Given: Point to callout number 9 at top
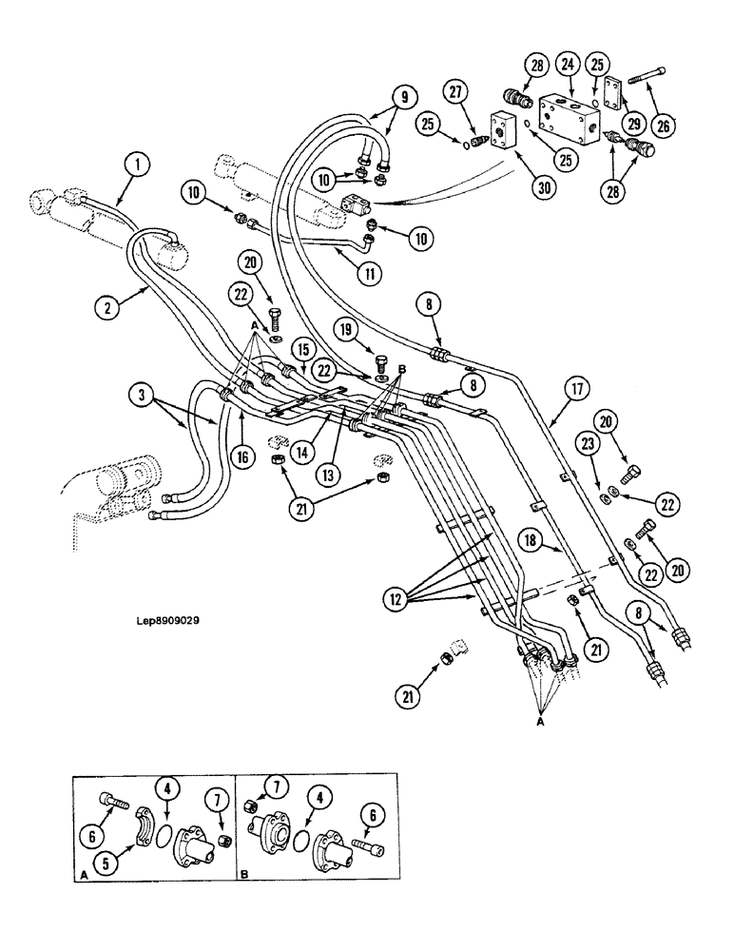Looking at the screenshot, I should click(402, 96).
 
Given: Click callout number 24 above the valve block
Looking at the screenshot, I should click(569, 66).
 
